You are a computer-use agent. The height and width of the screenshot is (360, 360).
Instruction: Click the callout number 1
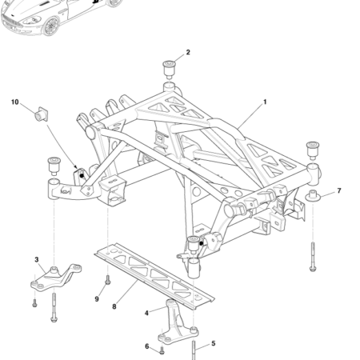265,103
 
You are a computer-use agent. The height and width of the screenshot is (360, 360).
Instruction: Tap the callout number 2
188,53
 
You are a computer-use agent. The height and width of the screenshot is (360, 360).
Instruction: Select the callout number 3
37,259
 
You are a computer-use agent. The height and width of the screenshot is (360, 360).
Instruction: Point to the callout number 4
146,313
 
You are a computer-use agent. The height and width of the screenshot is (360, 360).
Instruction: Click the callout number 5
213,344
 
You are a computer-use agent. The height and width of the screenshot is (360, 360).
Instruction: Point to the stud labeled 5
194,349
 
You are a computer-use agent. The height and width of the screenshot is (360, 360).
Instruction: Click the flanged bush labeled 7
314,198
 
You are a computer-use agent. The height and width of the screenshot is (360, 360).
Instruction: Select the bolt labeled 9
107,282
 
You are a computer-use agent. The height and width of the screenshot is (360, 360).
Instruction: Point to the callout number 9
97,298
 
